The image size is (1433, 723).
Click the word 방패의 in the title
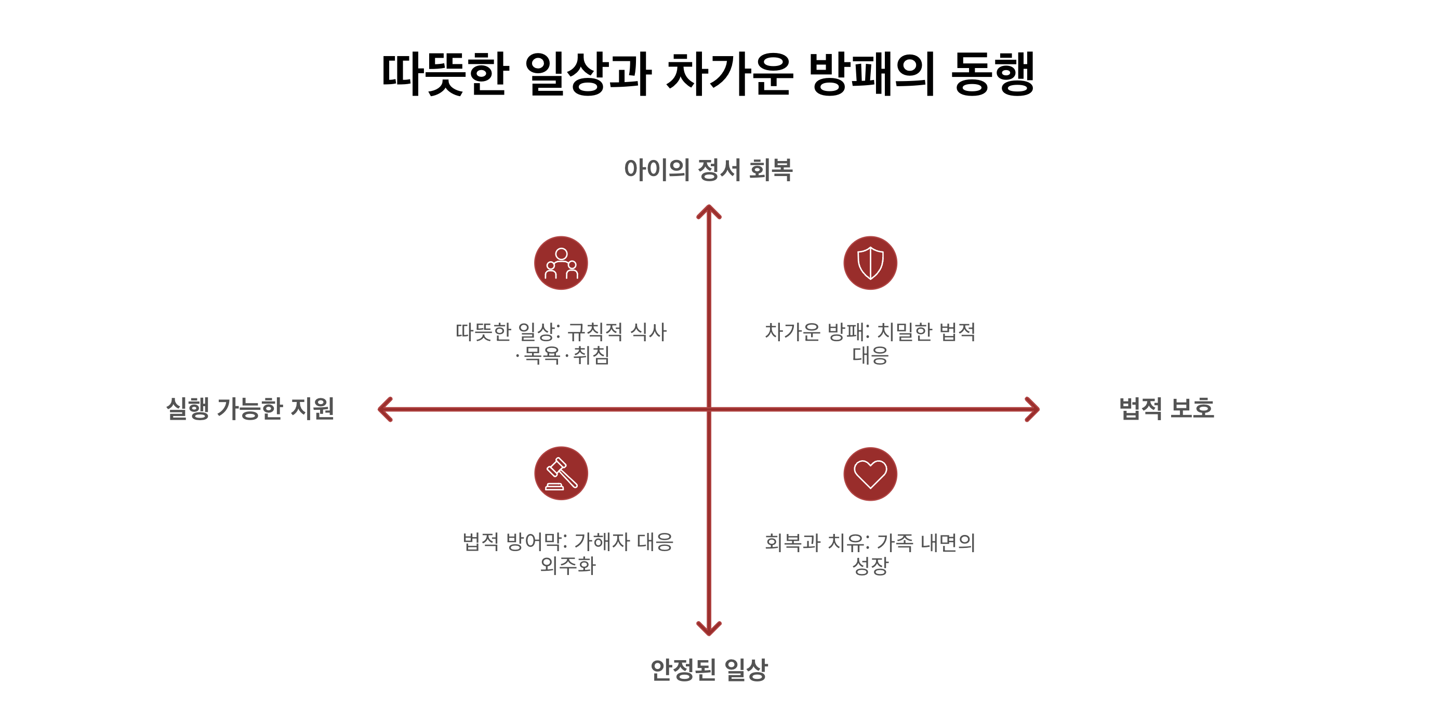tap(872, 73)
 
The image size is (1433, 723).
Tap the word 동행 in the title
tap(993, 73)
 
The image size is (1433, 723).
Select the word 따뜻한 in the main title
tap(445, 73)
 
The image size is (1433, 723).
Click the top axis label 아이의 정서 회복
tap(708, 170)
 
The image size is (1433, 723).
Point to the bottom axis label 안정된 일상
tap(709, 669)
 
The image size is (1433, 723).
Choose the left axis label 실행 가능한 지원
tap(250, 409)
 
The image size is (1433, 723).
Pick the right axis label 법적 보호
tap(1166, 409)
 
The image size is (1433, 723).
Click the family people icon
tap(561, 263)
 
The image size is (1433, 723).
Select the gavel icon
tap(561, 473)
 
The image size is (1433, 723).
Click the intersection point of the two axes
tap(709, 409)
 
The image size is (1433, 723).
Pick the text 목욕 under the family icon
tap(542, 355)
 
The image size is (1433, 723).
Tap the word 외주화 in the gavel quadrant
tap(567, 566)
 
